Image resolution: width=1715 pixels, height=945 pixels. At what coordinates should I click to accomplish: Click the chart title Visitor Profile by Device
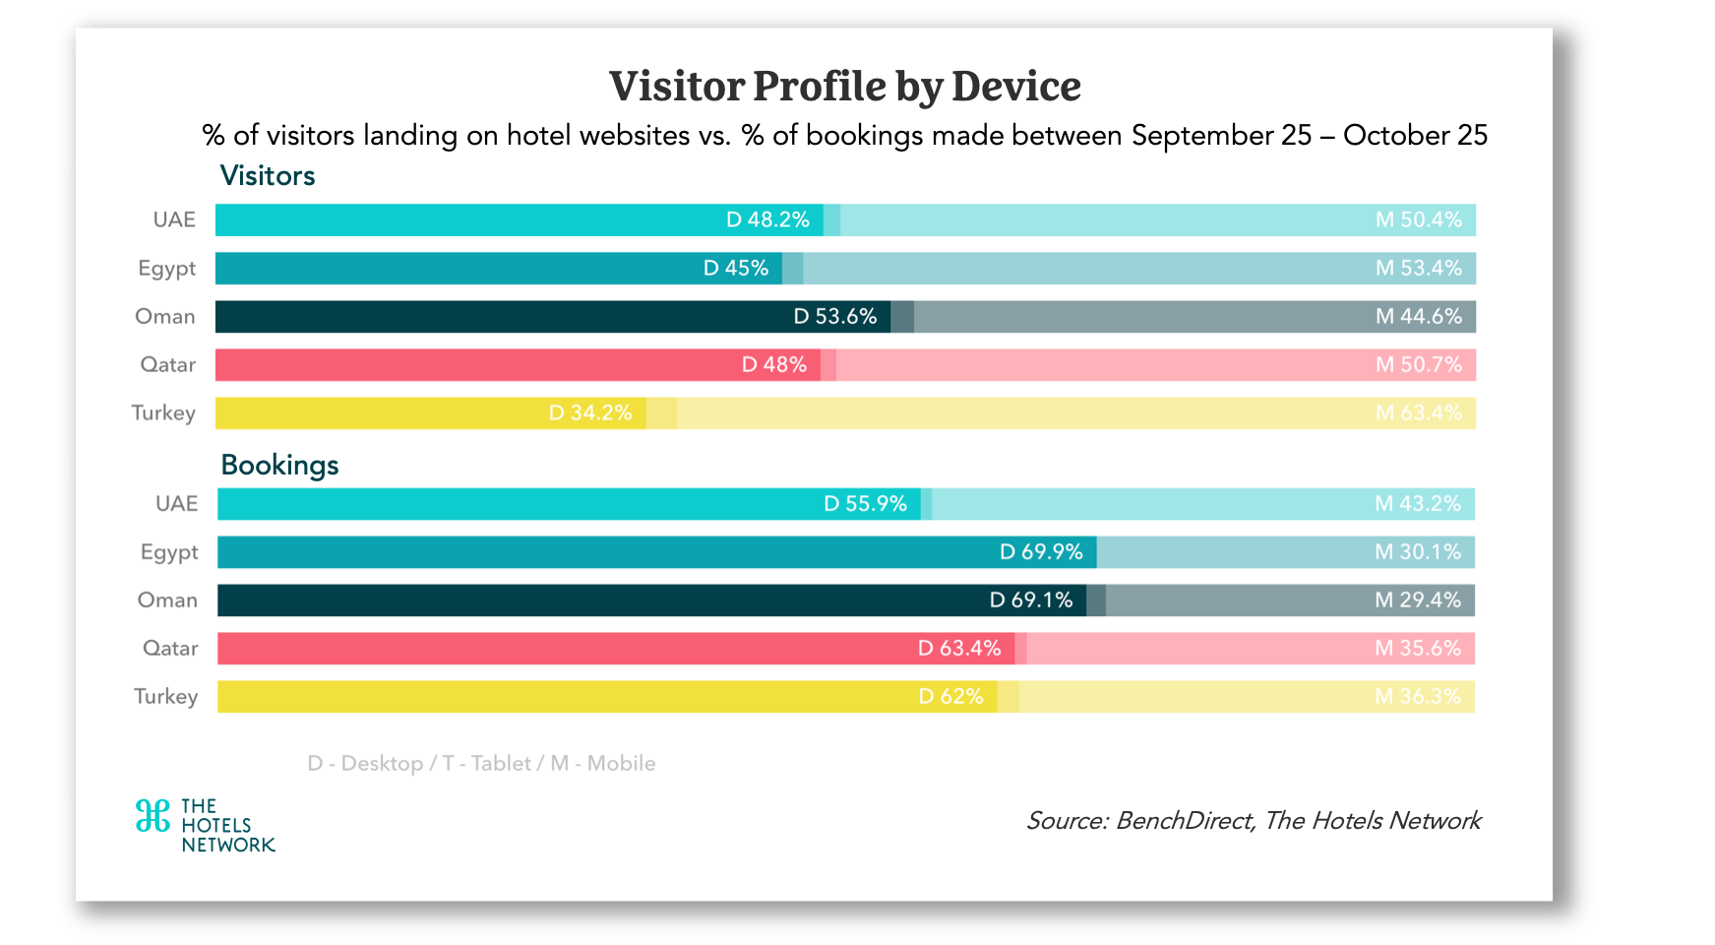[844, 87]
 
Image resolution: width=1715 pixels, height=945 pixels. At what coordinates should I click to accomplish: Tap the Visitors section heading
[268, 176]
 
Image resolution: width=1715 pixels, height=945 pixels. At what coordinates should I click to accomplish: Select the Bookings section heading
[279, 465]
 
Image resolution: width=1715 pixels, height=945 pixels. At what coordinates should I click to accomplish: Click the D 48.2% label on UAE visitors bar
[767, 220]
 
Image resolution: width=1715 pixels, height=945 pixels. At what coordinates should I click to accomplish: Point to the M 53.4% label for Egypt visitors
[1418, 268]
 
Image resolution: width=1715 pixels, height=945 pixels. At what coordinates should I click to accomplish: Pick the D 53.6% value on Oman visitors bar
[834, 316]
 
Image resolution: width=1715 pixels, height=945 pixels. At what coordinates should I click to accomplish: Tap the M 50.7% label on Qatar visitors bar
[1418, 364]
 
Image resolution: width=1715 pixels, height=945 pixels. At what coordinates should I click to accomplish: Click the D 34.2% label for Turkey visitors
[590, 412]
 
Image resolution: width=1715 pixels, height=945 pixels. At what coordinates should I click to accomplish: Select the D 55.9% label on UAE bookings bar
[865, 503]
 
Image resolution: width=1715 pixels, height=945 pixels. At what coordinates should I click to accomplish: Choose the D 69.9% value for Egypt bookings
[1041, 551]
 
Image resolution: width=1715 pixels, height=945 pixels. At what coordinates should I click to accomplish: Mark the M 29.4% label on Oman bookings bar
[1417, 599]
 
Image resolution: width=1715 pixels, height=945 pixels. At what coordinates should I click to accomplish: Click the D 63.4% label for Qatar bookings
[959, 648]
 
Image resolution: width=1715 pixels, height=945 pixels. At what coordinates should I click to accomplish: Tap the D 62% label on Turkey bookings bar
[950, 696]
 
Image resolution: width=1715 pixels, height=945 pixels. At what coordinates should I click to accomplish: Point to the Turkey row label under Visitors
[163, 412]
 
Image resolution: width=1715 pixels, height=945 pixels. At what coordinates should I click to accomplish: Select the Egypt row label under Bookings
[169, 552]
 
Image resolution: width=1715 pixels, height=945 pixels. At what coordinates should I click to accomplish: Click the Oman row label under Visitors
[165, 316]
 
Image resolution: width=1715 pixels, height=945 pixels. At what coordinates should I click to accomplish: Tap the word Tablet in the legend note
[501, 763]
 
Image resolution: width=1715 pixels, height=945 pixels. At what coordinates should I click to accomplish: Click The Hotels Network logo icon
[153, 816]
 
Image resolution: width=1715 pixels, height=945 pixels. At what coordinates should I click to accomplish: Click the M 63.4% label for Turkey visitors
[1418, 412]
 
